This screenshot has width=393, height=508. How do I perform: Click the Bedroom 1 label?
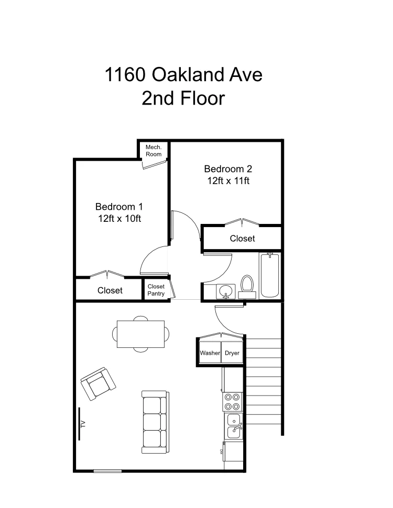coord(119,207)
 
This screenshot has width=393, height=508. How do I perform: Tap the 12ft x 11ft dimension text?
coord(228,181)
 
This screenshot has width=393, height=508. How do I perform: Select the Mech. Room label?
coord(154,151)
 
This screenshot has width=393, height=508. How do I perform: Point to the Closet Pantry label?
coord(156,290)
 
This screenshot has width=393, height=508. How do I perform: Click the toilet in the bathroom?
coord(247,286)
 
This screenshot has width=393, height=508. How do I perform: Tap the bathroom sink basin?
coord(226,291)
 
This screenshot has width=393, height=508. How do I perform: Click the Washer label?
coord(210,353)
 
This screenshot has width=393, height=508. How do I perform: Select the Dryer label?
coord(232,353)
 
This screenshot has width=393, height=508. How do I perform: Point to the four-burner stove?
coord(232,402)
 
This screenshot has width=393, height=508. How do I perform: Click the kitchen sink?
coord(234,425)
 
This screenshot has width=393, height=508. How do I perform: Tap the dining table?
coord(140,334)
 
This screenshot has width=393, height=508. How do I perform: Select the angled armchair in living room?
coord(98,384)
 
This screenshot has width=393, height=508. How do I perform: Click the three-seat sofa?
coord(154,422)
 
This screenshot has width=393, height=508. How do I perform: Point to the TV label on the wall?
coord(83,423)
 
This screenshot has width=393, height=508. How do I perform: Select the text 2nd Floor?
coord(183,98)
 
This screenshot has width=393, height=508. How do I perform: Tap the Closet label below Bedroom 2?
coord(242,239)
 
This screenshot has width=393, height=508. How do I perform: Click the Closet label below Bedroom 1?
coord(110,290)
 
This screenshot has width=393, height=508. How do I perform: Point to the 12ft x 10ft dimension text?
coord(119,219)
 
